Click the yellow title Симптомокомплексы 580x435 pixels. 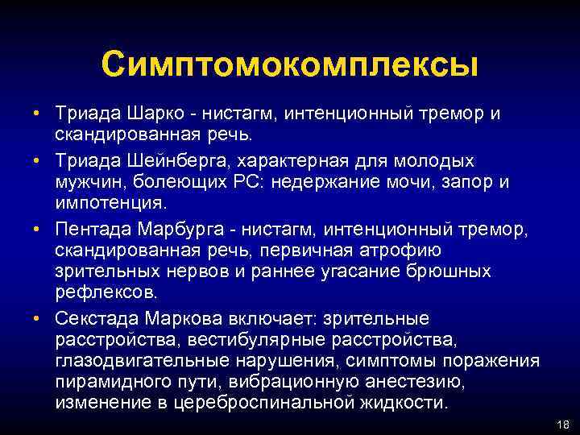[x=290, y=64]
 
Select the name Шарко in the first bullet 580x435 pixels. [x=145, y=114]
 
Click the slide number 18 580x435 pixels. [x=561, y=423]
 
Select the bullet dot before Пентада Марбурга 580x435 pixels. [x=38, y=231]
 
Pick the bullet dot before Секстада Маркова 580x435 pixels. [x=38, y=319]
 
